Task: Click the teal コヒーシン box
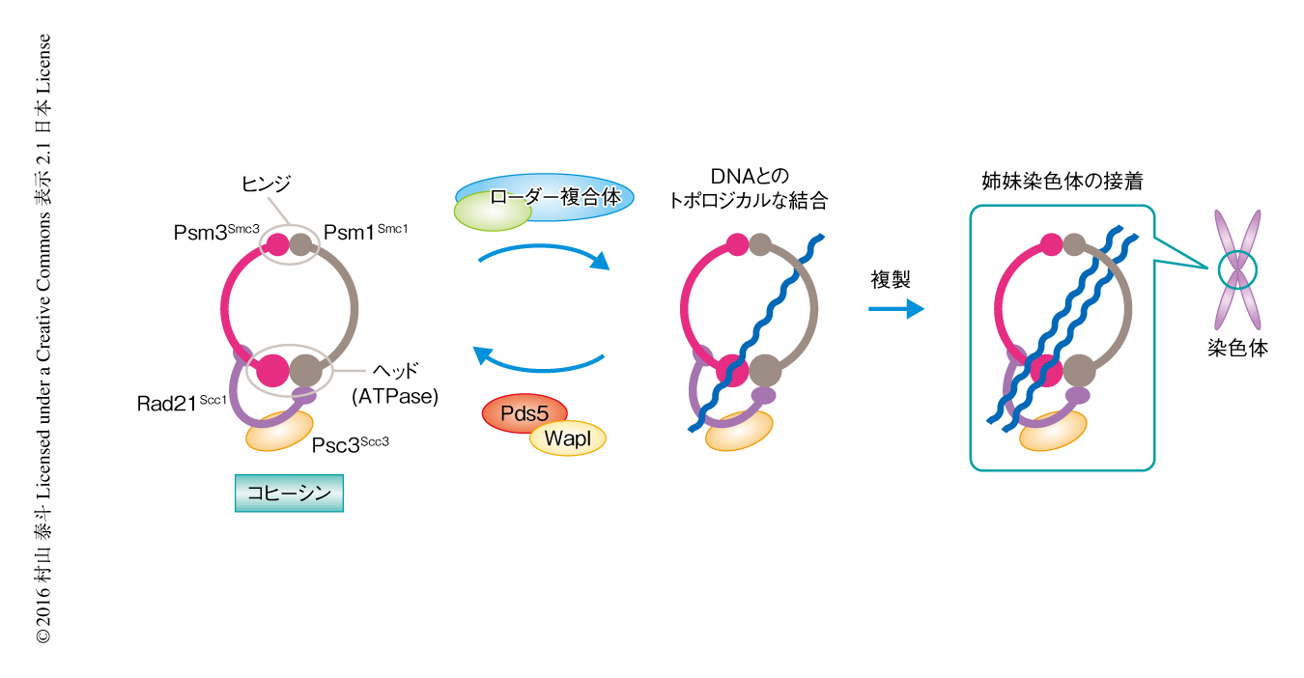click(x=289, y=494)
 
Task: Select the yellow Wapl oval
click(x=567, y=439)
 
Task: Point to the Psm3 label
click(x=213, y=234)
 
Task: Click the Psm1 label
click(x=365, y=233)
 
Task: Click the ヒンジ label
click(x=266, y=183)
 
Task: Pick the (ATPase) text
click(x=394, y=396)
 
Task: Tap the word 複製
click(x=891, y=280)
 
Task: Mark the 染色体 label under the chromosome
click(x=1237, y=348)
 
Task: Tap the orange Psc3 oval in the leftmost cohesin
click(x=280, y=431)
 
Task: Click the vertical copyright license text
click(x=43, y=338)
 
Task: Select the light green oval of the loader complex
click(x=491, y=210)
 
